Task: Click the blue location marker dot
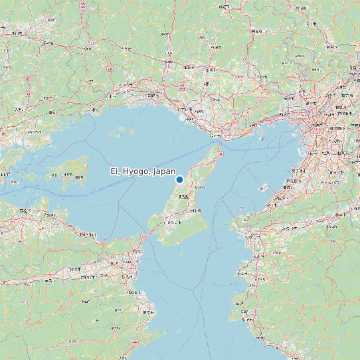pyautogui.click(x=179, y=179)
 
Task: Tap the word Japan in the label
pyautogui.click(x=164, y=171)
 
